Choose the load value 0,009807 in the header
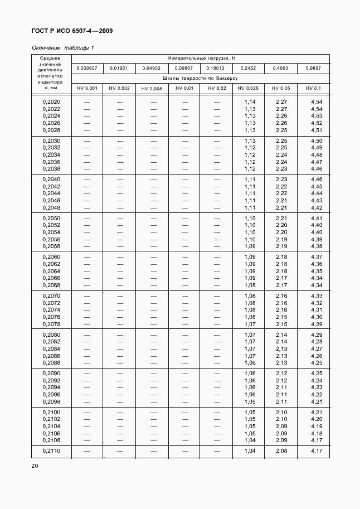[86, 68]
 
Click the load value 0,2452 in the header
[248, 68]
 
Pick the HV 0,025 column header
[248, 88]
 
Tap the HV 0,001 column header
[86, 88]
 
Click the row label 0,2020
[51, 102]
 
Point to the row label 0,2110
[51, 450]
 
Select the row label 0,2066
[51, 278]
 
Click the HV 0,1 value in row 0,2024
[317, 116]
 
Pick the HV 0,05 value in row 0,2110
[281, 450]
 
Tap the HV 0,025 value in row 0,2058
[250, 246]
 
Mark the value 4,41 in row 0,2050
[317, 219]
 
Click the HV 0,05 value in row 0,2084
[281, 349]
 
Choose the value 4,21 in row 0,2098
[317, 402]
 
